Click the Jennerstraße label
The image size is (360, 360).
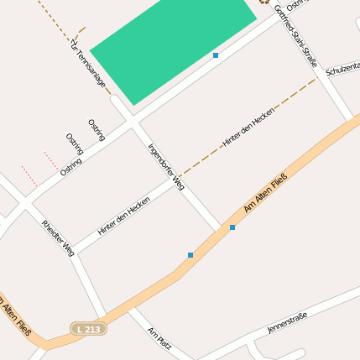click(287, 321)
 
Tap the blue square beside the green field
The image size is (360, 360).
click(216, 55)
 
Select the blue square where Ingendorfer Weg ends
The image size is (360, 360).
click(232, 227)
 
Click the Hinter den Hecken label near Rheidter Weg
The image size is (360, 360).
click(123, 215)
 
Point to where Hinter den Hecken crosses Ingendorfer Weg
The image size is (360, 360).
click(178, 177)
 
